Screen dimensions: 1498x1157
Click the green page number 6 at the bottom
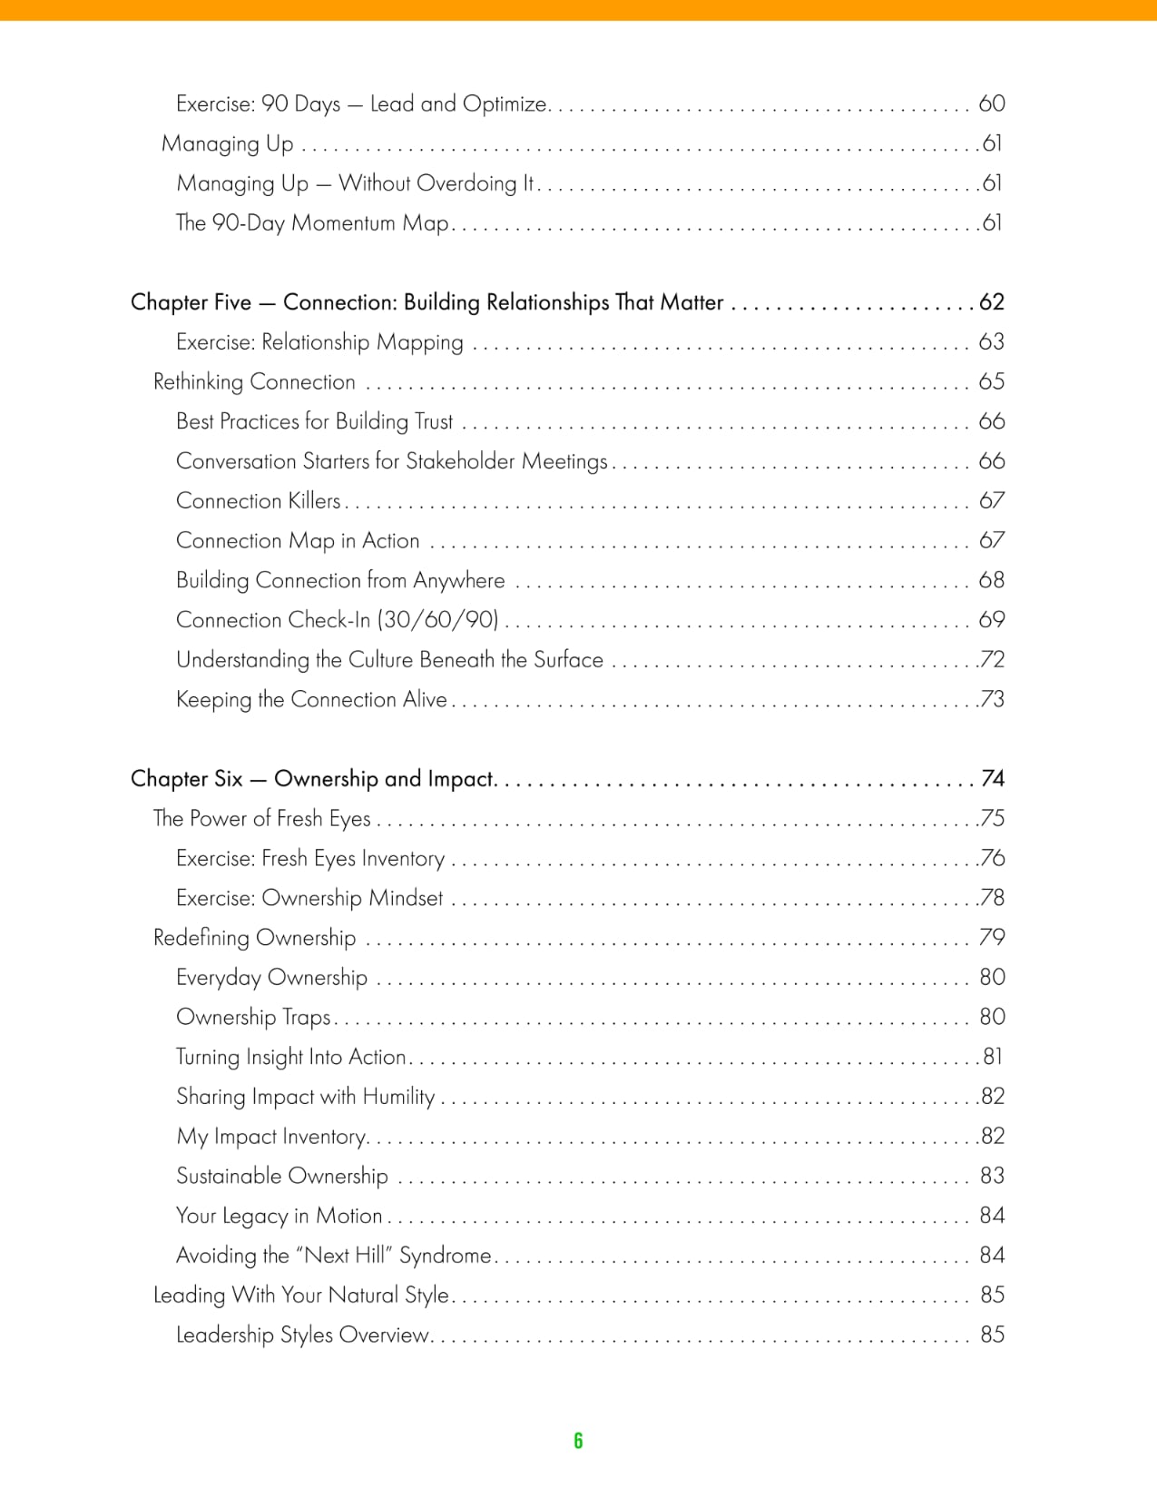pyautogui.click(x=578, y=1441)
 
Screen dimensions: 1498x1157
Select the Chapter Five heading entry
pyautogui.click(x=427, y=302)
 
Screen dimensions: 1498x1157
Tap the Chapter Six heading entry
pyautogui.click(x=312, y=779)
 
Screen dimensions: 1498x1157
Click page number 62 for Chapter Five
pyautogui.click(x=992, y=302)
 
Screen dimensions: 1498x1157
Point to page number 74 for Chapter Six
pyautogui.click(x=993, y=779)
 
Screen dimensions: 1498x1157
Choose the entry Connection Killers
pyautogui.click(x=259, y=501)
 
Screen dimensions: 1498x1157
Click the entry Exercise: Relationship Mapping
pyautogui.click(x=319, y=342)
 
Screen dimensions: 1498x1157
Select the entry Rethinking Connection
pyautogui.click(x=254, y=382)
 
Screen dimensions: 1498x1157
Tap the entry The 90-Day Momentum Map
pyautogui.click(x=312, y=223)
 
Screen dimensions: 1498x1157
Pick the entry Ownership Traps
pyautogui.click(x=253, y=1018)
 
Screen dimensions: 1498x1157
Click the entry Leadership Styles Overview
pyautogui.click(x=302, y=1335)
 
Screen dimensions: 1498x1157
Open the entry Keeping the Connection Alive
pyautogui.click(x=311, y=700)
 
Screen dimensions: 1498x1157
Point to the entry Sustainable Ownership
pyautogui.click(x=282, y=1177)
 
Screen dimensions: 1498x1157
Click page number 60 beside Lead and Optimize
pyautogui.click(x=992, y=103)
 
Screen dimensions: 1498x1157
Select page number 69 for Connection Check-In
pyautogui.click(x=992, y=620)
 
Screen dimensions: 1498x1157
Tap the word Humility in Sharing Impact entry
pyautogui.click(x=398, y=1097)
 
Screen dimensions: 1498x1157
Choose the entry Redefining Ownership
pyautogui.click(x=254, y=938)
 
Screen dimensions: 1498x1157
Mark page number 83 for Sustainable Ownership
pyautogui.click(x=992, y=1177)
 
